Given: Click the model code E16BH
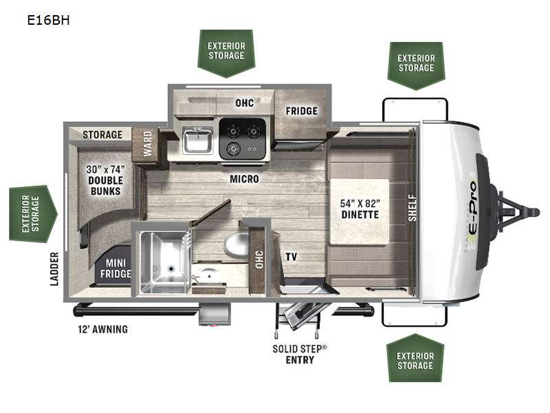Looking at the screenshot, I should [47, 19].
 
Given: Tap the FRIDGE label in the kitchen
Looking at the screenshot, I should [302, 111].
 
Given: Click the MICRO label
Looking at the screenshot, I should [244, 179].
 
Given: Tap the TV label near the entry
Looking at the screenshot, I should [291, 256].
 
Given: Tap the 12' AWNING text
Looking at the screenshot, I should [102, 329].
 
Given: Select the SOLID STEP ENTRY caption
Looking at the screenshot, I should [299, 354].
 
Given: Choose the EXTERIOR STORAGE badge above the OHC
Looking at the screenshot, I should [225, 51].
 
